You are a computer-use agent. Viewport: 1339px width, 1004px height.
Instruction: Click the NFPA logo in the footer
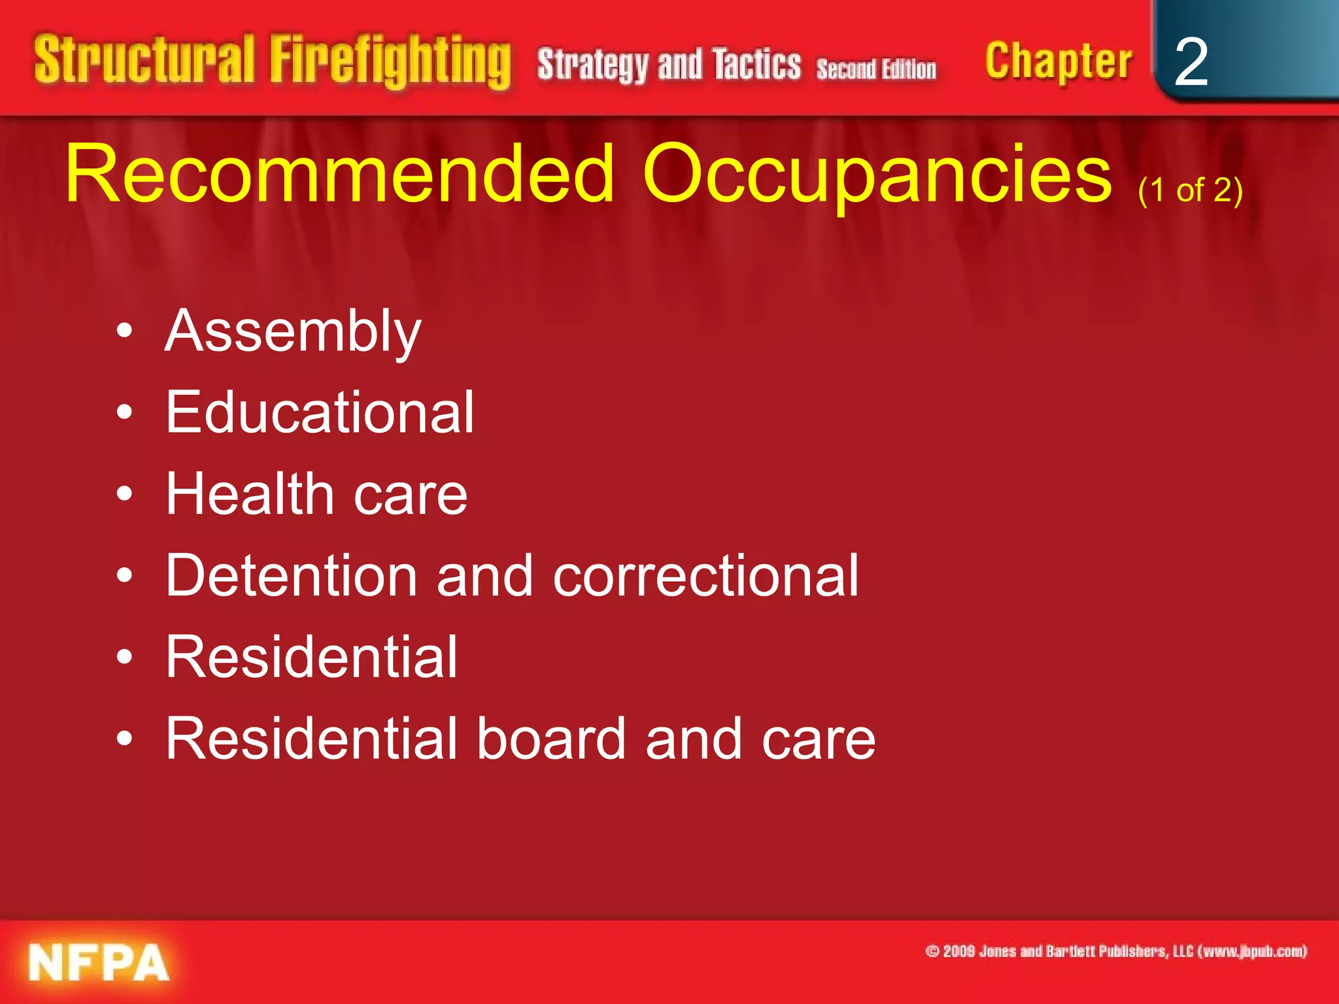click(98, 963)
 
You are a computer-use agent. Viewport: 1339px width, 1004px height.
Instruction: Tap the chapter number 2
click(1191, 62)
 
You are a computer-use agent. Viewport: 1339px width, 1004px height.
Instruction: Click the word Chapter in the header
click(1058, 61)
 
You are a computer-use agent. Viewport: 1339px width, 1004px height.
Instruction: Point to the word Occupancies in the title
click(877, 175)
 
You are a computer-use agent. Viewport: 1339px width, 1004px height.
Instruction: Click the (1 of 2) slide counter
click(1190, 190)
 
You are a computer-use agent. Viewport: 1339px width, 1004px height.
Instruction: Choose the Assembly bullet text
click(293, 332)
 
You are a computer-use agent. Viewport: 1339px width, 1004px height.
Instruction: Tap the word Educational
click(320, 412)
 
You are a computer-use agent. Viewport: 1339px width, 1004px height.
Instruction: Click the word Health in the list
click(250, 494)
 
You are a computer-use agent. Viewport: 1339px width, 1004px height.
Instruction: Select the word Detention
click(292, 576)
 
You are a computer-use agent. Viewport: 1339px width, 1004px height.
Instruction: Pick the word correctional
click(705, 576)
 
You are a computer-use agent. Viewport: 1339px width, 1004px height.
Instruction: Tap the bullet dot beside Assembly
click(124, 332)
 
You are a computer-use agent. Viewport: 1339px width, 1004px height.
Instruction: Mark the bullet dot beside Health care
click(124, 495)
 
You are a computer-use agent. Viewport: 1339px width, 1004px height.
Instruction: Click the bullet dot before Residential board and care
click(124, 739)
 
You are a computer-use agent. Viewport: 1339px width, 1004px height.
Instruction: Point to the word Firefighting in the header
click(390, 61)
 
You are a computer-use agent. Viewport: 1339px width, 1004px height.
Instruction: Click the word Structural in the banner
click(144, 60)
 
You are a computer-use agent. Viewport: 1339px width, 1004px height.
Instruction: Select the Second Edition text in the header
click(876, 69)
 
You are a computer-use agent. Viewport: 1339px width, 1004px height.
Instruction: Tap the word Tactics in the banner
click(756, 65)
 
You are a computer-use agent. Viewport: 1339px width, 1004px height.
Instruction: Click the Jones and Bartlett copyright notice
click(1115, 951)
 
